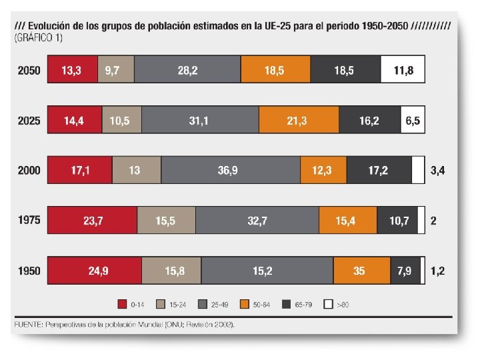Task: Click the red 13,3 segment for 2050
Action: tap(72, 70)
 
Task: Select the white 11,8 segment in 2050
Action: tap(403, 70)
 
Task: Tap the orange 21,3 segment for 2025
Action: tap(299, 121)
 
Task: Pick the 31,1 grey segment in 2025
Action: tap(199, 121)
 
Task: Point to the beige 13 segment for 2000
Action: tap(136, 171)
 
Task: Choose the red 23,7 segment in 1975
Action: tap(92, 221)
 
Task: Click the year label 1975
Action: tap(29, 221)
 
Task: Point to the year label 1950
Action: tap(29, 271)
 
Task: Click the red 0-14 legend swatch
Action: tap(122, 305)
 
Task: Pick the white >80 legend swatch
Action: tap(328, 305)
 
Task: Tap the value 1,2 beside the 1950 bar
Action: tap(438, 271)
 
